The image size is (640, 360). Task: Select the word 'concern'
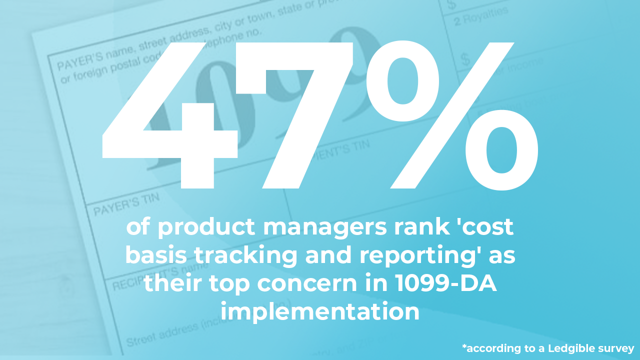tap(302, 284)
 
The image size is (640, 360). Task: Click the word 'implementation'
tap(320, 312)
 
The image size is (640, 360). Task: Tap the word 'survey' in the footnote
tap(616, 348)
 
